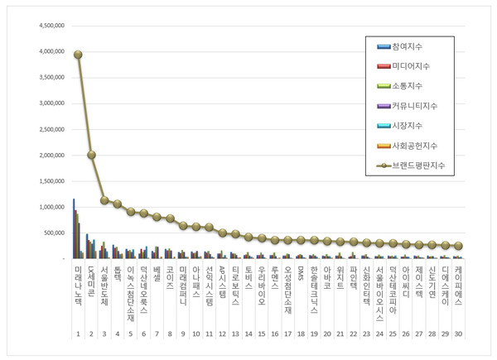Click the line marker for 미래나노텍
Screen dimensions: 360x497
pyautogui.click(x=78, y=55)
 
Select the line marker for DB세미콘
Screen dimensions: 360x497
pyautogui.click(x=91, y=155)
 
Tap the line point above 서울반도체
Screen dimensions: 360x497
pyautogui.click(x=104, y=199)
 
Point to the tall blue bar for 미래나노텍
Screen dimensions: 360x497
pyautogui.click(x=73, y=228)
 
